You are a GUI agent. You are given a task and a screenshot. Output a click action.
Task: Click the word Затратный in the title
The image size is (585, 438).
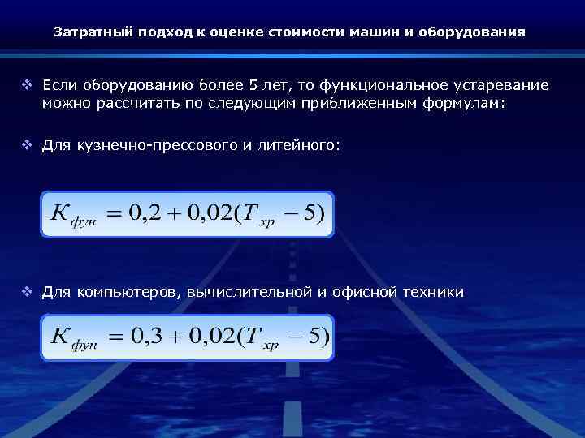coord(87,33)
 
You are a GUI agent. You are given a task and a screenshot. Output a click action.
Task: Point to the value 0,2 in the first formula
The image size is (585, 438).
coord(145,214)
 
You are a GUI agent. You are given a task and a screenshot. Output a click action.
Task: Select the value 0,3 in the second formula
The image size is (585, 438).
coord(145,335)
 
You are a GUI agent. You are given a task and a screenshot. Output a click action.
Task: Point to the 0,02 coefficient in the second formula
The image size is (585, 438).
coord(214,335)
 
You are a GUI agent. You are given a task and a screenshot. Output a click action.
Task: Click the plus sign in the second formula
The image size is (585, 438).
coord(175,336)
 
